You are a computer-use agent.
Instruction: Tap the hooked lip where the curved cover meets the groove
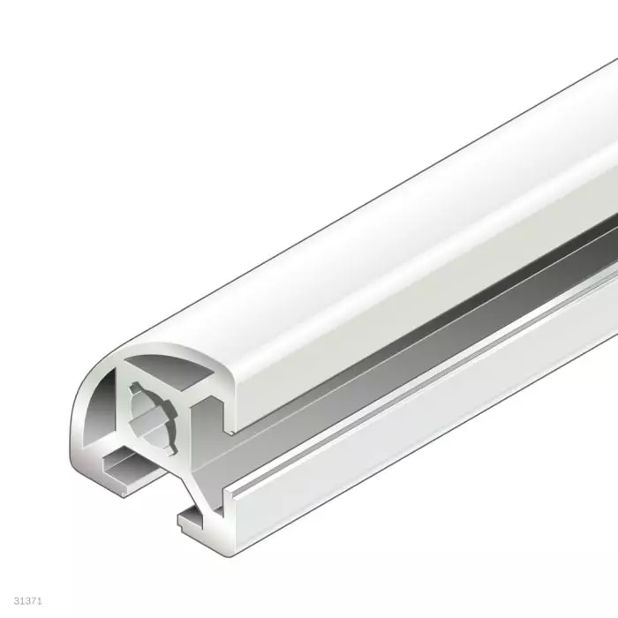[231, 415]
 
